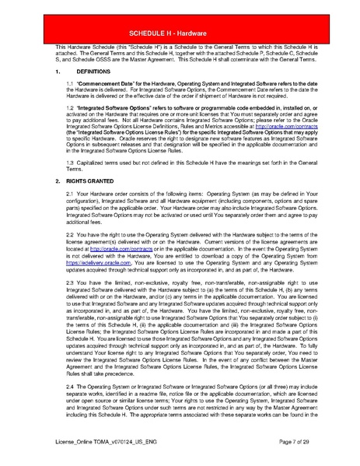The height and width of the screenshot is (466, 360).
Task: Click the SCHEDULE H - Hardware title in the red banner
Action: click(180, 35)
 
